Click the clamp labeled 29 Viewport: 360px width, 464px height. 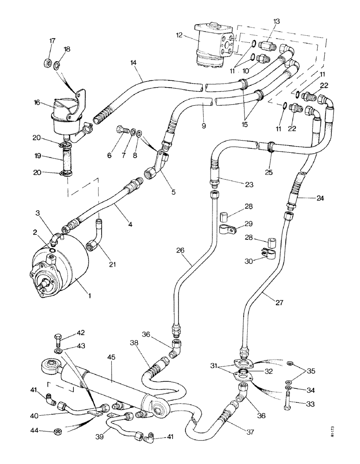point(227,228)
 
